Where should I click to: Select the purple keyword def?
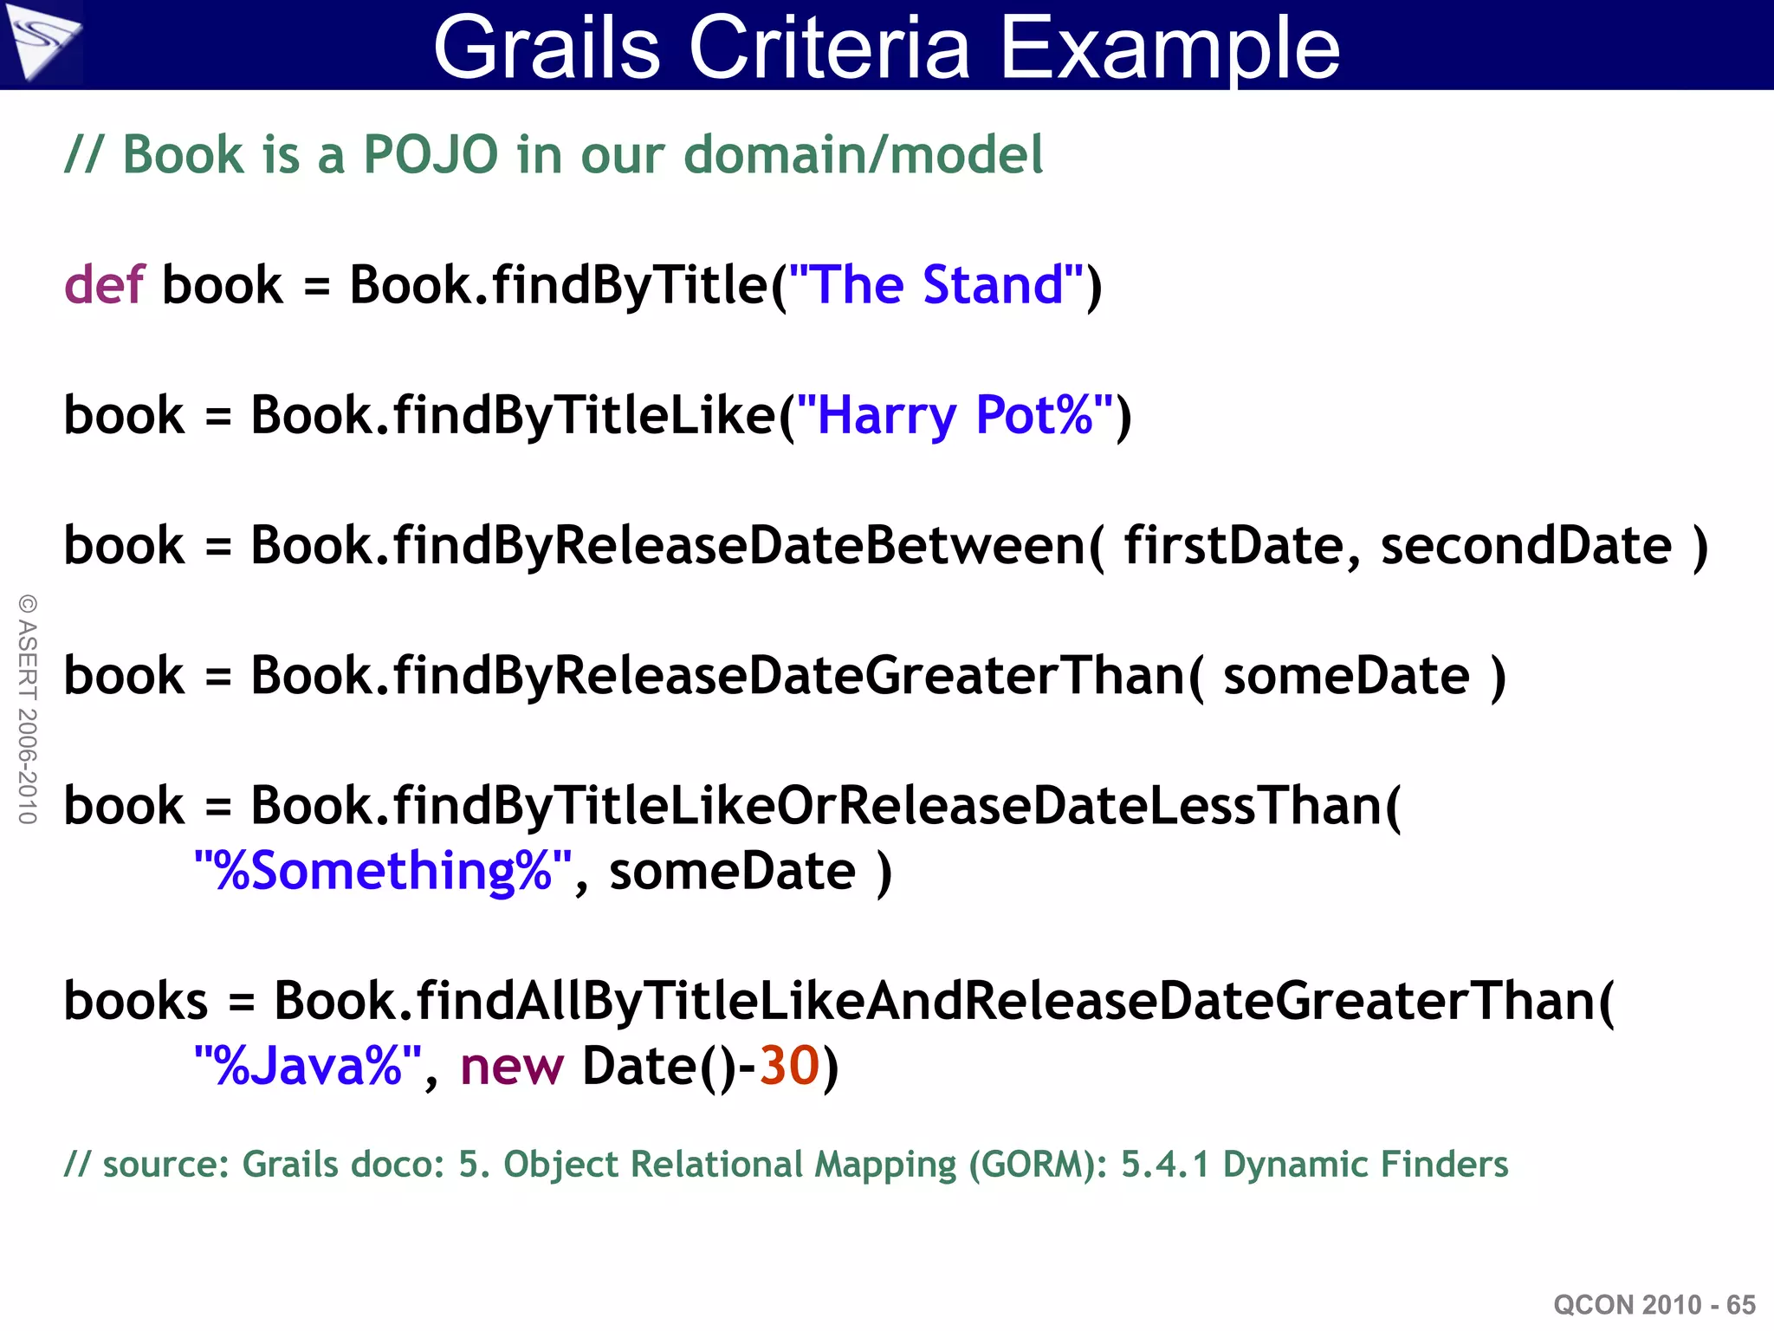click(103, 285)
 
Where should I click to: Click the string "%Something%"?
click(382, 871)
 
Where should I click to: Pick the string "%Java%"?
click(308, 1066)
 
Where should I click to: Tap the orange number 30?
click(789, 1066)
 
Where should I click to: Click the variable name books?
click(136, 1001)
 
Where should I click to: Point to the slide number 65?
click(1740, 1305)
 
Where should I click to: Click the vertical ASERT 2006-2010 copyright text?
click(28, 709)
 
